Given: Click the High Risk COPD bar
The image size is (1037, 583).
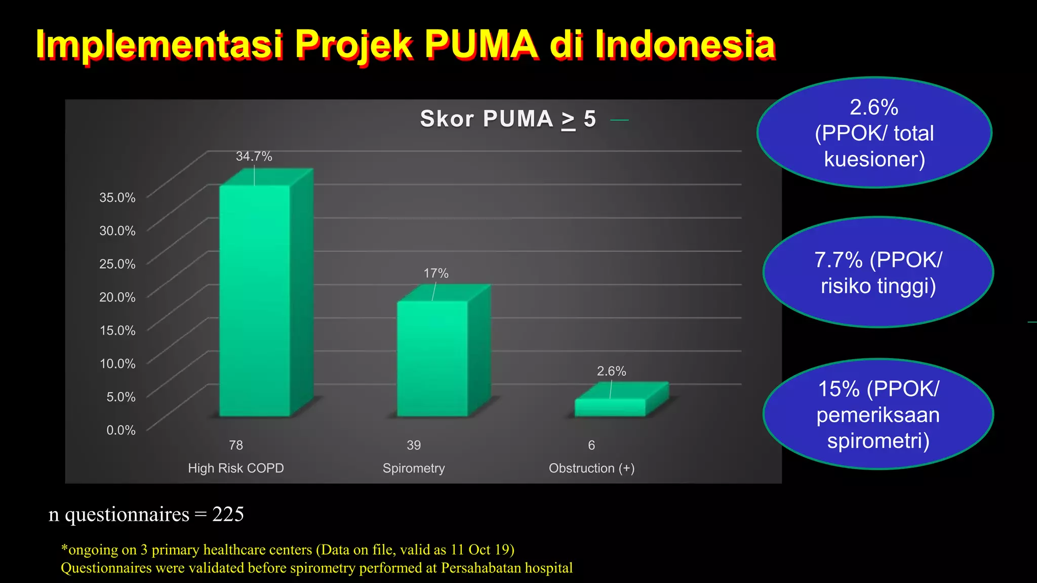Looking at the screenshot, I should (255, 301).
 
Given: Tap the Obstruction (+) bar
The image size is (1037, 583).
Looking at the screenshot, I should (610, 407).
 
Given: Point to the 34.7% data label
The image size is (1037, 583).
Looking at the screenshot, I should (254, 156).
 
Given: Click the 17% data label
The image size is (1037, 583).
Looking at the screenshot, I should (436, 273).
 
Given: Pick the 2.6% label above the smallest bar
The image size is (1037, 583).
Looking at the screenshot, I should (611, 371).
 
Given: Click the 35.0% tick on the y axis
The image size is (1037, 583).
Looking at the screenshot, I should (117, 197).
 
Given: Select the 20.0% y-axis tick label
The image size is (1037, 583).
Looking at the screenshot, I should (117, 297).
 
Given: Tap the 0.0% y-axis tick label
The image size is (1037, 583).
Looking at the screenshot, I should (121, 430).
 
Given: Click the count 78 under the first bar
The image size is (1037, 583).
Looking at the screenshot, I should (236, 445).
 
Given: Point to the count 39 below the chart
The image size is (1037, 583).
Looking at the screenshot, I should (414, 445).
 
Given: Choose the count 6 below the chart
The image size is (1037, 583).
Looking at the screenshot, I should (591, 445).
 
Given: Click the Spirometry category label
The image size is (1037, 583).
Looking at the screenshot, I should (414, 468).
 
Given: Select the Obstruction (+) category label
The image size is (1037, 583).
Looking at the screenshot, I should (591, 468).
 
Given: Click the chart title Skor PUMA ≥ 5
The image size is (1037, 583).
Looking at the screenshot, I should (508, 119).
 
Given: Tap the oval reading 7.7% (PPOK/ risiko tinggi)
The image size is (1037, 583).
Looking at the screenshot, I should (878, 272).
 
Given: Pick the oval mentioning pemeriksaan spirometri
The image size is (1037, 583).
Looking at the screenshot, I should (878, 414).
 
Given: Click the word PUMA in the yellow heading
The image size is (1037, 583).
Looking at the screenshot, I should (482, 45).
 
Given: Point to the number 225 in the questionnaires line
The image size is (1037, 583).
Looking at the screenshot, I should (228, 514).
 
